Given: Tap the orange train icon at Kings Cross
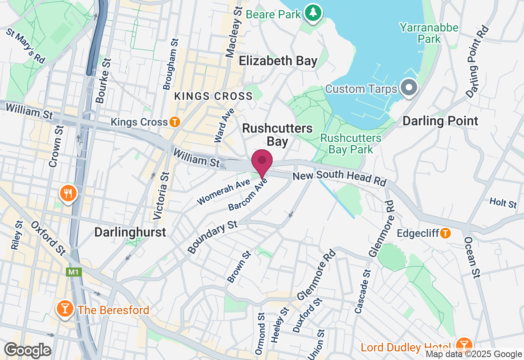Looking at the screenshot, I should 175,122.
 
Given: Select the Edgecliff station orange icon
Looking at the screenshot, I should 445,233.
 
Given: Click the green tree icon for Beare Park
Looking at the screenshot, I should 313,13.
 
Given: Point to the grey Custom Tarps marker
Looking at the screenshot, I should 408,88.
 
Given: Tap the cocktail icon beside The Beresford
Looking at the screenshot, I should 65,309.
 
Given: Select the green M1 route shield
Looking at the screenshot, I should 72,272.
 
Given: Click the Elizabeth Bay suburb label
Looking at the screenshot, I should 278,61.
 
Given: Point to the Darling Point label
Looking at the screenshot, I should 440,121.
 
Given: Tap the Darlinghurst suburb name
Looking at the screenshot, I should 130,232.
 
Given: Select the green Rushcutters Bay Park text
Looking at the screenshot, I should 351,144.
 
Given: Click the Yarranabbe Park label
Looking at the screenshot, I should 429,34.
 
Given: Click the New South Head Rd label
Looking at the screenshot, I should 339,179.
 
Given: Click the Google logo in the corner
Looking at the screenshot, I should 27,350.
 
